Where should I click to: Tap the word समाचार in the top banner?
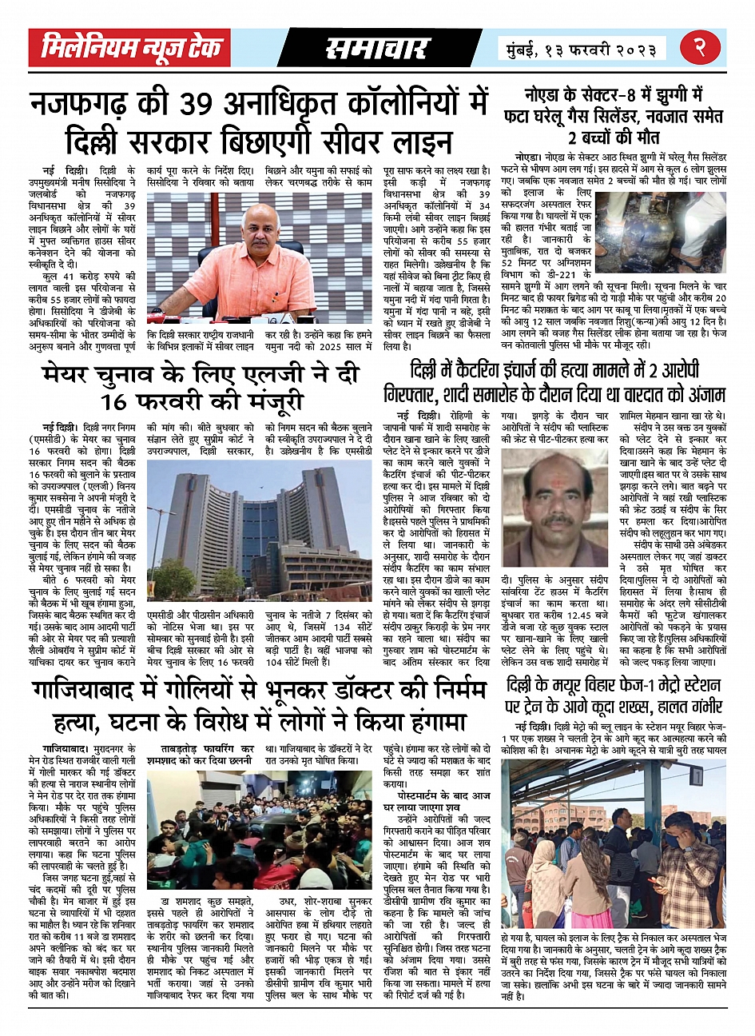click(377, 49)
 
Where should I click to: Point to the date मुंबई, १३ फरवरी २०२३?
click(581, 50)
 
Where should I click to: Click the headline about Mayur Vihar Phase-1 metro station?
click(614, 695)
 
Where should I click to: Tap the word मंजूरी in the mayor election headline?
click(256, 400)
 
